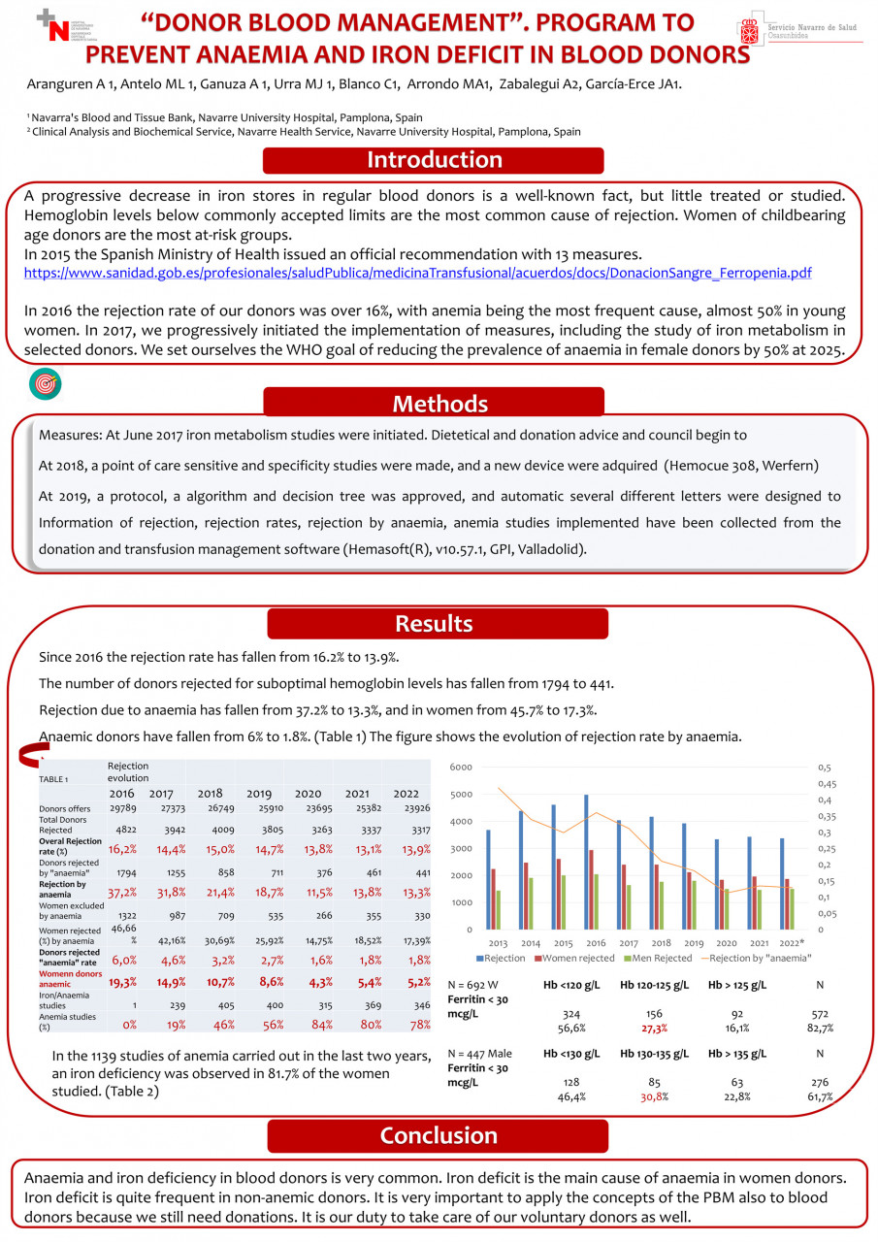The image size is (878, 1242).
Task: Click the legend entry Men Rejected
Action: (x=657, y=958)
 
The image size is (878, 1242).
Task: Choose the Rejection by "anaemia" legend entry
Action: (x=756, y=958)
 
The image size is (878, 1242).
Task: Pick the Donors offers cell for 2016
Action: (x=121, y=808)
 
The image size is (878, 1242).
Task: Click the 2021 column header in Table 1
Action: (x=356, y=794)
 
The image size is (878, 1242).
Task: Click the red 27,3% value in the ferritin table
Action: (x=654, y=1029)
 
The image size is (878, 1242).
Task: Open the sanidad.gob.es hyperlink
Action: (x=417, y=274)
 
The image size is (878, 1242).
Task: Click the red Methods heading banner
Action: (x=434, y=403)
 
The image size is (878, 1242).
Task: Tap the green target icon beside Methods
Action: (x=45, y=384)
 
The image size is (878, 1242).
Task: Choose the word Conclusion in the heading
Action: (x=439, y=1136)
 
